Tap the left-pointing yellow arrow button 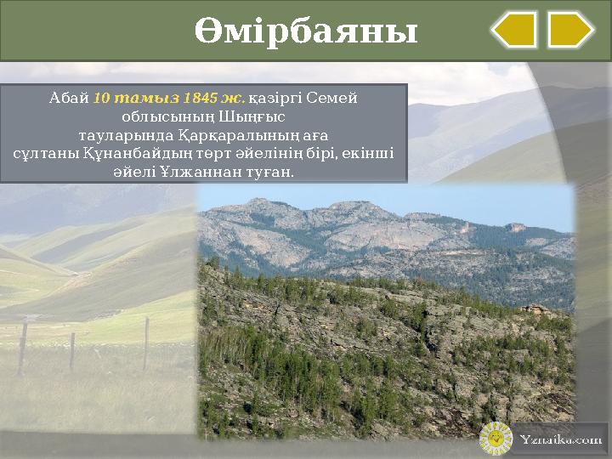pos(514,30)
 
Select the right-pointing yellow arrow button pos(570,30)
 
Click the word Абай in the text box pos(70,98)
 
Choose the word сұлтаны pos(48,154)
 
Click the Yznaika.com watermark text pos(560,439)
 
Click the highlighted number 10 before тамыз pos(100,98)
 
